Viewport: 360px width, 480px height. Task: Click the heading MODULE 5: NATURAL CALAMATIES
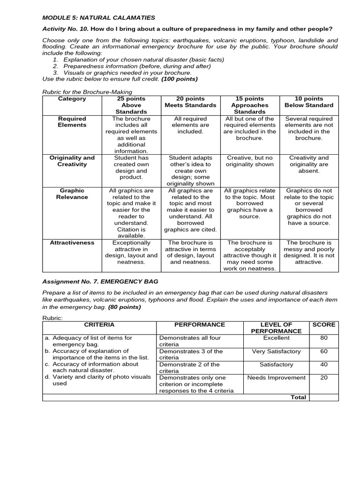coord(98,18)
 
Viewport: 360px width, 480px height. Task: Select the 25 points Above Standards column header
coord(131,105)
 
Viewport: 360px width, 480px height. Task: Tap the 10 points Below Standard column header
coord(309,102)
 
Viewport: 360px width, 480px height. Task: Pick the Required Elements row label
coord(72,122)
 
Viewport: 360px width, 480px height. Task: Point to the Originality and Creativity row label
coord(72,161)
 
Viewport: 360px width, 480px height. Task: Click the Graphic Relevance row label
coord(72,194)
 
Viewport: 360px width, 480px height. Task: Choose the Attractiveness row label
coord(72,243)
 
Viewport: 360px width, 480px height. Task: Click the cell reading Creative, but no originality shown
coord(249,161)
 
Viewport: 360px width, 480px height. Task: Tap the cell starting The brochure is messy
coord(309,253)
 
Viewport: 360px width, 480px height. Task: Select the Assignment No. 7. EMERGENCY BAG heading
coord(100,282)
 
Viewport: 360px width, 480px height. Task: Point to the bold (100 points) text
coord(180,79)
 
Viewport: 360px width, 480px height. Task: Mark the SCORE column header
coord(324,324)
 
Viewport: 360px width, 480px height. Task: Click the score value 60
coord(324,351)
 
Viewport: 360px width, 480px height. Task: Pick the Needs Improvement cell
coord(276,378)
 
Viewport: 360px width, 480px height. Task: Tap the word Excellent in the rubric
coord(276,338)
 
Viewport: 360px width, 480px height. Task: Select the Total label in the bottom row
coord(298,397)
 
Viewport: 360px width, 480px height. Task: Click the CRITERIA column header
coord(99,324)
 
